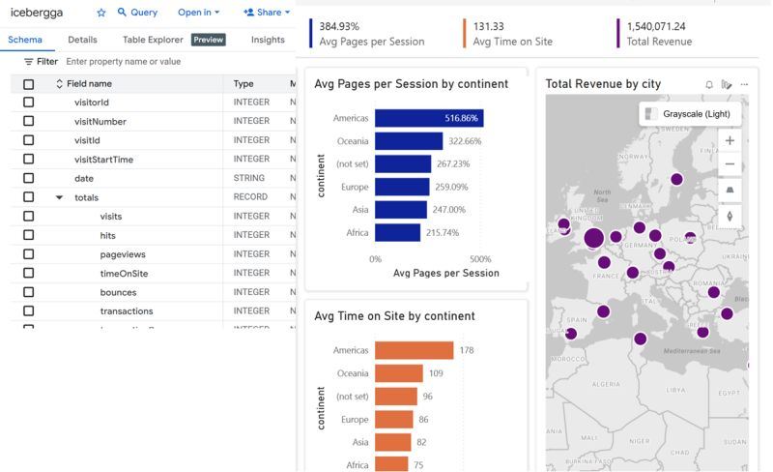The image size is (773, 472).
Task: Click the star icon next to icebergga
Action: coord(101,13)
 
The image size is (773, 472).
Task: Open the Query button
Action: coord(136,13)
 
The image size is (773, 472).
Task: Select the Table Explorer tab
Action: coord(152,40)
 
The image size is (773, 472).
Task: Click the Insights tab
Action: coord(268,40)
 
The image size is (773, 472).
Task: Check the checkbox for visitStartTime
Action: coord(28,159)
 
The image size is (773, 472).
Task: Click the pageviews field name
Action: coord(123,253)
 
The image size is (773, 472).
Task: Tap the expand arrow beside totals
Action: coord(59,197)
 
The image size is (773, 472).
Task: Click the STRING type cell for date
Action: coord(248,178)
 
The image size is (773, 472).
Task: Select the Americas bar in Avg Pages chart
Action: coord(428,118)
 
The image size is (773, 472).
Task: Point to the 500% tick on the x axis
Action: coord(481,259)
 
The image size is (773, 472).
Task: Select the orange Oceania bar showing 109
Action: coord(398,373)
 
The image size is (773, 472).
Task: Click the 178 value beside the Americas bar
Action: coord(467,350)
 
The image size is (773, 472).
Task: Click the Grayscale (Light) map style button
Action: coord(691,114)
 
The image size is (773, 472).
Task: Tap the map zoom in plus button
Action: coord(730,140)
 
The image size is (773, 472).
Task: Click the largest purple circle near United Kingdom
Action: coord(593,238)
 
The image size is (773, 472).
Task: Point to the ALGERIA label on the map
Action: coord(607,383)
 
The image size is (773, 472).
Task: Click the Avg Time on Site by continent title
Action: coord(394,316)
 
